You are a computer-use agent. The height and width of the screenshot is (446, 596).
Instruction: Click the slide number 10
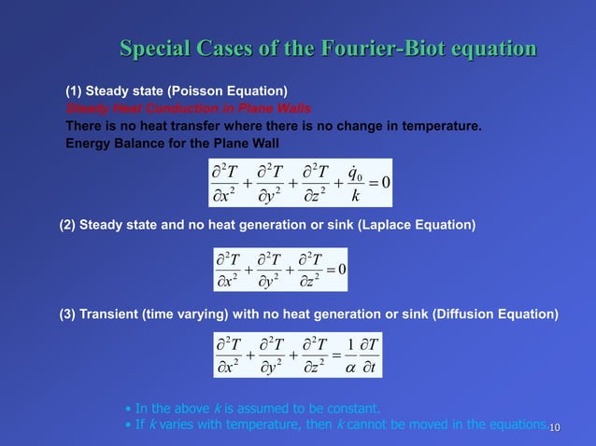click(x=554, y=427)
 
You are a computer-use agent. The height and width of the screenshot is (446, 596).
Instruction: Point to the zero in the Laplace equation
click(x=342, y=269)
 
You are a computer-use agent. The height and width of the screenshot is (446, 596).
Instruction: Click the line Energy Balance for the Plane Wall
click(x=172, y=143)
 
